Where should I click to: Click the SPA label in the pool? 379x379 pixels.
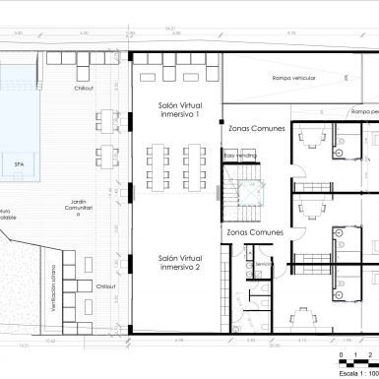click(19, 164)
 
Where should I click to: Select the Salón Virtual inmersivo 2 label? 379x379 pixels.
click(178, 262)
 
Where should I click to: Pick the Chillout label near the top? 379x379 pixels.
click(82, 88)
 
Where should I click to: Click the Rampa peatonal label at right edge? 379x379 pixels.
click(356, 111)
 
